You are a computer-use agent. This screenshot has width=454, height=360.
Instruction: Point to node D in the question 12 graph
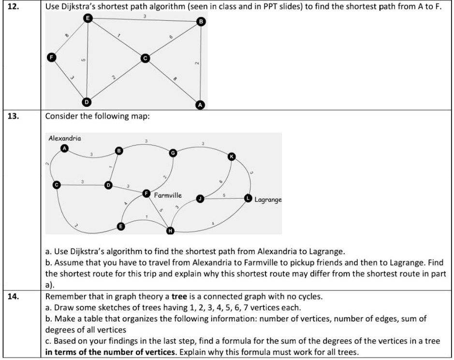pyautogui.click(x=87, y=102)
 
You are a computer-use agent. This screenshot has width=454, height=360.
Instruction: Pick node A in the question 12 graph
pyautogui.click(x=200, y=105)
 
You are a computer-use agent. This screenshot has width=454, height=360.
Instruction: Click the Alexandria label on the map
pyautogui.click(x=65, y=138)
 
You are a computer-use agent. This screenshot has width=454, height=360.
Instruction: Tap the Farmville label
pyautogui.click(x=168, y=195)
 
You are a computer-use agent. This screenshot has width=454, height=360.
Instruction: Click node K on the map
pyautogui.click(x=232, y=157)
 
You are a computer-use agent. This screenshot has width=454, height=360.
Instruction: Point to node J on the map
pyautogui.click(x=200, y=198)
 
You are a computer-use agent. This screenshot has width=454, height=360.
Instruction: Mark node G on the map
pyautogui.click(x=172, y=153)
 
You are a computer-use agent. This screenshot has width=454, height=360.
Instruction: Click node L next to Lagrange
pyautogui.click(x=248, y=198)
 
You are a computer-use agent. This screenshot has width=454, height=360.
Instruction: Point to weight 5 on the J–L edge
pyautogui.click(x=224, y=195)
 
